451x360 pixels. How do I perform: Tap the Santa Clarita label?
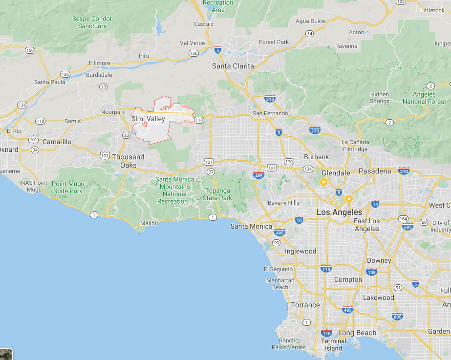click(x=233, y=66)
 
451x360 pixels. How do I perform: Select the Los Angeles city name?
click(x=340, y=212)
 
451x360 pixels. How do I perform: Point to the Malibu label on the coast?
click(x=150, y=223)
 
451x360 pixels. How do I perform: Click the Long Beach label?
click(x=357, y=333)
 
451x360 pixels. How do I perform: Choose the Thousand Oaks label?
click(x=129, y=161)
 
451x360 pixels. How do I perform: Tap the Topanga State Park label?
click(x=217, y=194)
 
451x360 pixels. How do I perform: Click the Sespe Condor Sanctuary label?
click(x=92, y=22)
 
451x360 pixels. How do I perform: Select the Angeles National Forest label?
click(x=424, y=98)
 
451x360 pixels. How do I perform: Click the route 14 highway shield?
click(x=309, y=34)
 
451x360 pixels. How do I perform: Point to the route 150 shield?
click(x=30, y=50)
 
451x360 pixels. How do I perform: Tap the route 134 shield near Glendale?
click(x=308, y=169)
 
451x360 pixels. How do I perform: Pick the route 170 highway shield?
click(x=289, y=162)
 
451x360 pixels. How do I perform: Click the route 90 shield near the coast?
click(x=277, y=243)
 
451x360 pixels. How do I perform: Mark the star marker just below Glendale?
click(x=323, y=182)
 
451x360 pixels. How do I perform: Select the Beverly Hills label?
click(x=283, y=203)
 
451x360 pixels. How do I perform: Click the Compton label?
click(x=348, y=280)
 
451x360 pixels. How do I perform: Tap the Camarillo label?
click(x=57, y=142)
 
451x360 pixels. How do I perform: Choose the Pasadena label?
click(x=375, y=171)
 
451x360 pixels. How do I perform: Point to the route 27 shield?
click(x=211, y=172)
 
